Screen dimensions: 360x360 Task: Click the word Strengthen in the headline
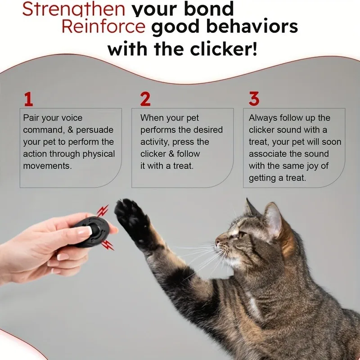click(x=74, y=9)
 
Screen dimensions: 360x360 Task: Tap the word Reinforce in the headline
click(x=103, y=27)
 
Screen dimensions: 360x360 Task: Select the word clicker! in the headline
click(x=224, y=49)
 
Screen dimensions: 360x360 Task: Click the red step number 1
click(x=28, y=99)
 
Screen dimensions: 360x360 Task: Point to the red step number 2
click(x=145, y=99)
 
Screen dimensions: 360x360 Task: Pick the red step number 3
click(x=254, y=99)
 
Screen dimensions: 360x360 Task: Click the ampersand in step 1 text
click(x=71, y=130)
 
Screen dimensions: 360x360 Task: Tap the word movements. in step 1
click(x=48, y=166)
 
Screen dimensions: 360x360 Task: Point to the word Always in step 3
click(x=263, y=118)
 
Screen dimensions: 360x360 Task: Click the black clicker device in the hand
click(x=93, y=231)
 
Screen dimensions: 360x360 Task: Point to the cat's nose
click(x=217, y=242)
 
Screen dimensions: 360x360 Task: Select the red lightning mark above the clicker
click(x=103, y=211)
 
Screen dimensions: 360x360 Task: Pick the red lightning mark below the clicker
click(x=108, y=245)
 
